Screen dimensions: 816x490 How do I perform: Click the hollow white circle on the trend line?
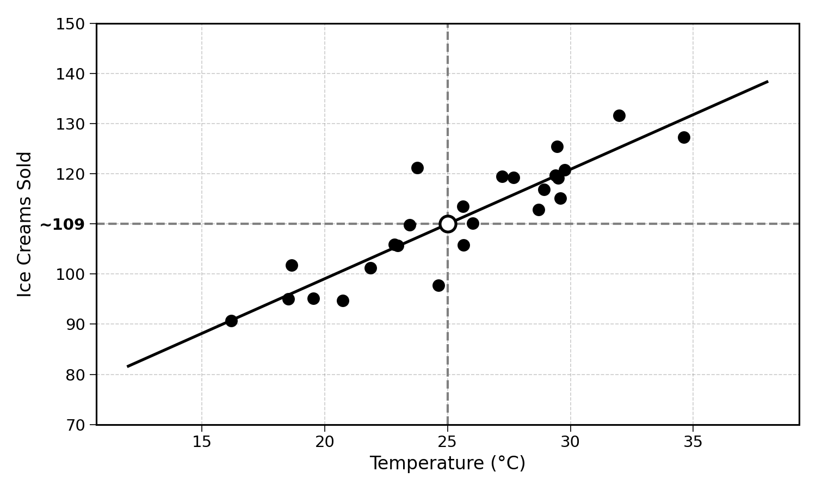pyautogui.click(x=448, y=224)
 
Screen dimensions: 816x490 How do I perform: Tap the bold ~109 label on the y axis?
pyautogui.click(x=63, y=224)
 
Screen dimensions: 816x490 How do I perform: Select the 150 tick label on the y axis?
pyautogui.click(x=70, y=24)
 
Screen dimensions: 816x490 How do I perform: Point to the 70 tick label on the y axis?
pyautogui.click(x=75, y=425)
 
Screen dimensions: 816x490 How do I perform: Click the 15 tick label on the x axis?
pyautogui.click(x=202, y=442)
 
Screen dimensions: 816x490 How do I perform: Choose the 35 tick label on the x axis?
pyautogui.click(x=693, y=442)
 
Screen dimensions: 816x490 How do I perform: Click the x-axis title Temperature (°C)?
pyautogui.click(x=448, y=463)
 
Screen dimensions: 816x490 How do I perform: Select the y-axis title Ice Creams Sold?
pyautogui.click(x=24, y=224)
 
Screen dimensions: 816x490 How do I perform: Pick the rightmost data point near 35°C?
pyautogui.click(x=684, y=137)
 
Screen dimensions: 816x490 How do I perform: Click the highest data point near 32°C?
pyautogui.click(x=619, y=116)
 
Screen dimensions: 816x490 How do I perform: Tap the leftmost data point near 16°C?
pyautogui.click(x=231, y=321)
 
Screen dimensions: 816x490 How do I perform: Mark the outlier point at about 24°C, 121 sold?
pyautogui.click(x=417, y=168)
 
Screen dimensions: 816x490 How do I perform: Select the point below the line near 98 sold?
pyautogui.click(x=438, y=285)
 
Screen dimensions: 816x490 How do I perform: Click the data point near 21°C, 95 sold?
pyautogui.click(x=343, y=301)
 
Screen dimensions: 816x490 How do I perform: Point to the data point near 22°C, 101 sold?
pyautogui.click(x=370, y=268)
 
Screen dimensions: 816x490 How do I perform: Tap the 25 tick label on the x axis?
pyautogui.click(x=447, y=442)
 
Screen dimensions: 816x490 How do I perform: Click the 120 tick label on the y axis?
pyautogui.click(x=70, y=175)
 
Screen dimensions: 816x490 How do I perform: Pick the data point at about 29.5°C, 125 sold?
pyautogui.click(x=557, y=147)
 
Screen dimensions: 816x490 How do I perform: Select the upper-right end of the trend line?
pyautogui.click(x=768, y=82)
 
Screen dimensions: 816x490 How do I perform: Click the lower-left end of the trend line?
pyautogui.click(x=127, y=366)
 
